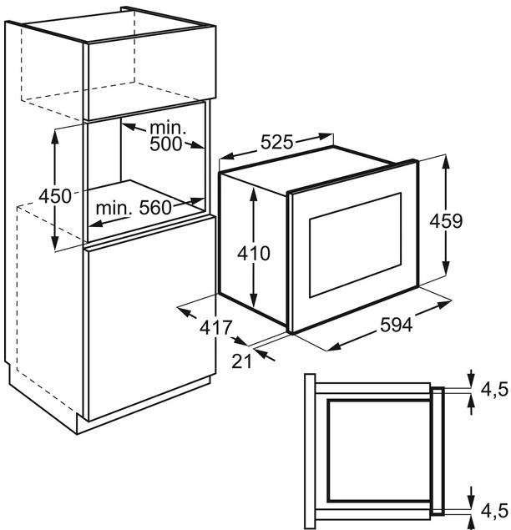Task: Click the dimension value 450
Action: [x=56, y=197]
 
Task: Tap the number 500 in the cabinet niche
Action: [x=167, y=144]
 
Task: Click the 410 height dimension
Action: [x=254, y=252]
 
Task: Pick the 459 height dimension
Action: [x=446, y=221]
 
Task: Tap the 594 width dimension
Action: [x=395, y=326]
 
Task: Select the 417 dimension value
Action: [x=215, y=328]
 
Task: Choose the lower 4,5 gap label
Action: [x=493, y=508]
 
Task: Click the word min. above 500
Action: [x=167, y=127]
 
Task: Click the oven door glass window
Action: [x=355, y=245]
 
